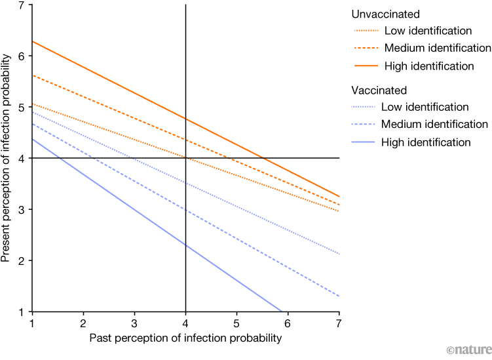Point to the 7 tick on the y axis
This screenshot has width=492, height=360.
click(21, 5)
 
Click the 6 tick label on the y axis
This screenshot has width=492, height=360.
click(21, 56)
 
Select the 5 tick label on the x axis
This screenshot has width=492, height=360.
click(237, 324)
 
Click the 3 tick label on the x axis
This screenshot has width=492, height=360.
click(134, 324)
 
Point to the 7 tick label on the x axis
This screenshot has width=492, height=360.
click(339, 324)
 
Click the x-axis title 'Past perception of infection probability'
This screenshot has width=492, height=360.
click(185, 338)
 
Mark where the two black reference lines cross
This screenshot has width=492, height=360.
click(185, 158)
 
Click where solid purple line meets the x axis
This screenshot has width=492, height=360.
click(282, 311)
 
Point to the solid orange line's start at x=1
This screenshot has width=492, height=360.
click(32, 41)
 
